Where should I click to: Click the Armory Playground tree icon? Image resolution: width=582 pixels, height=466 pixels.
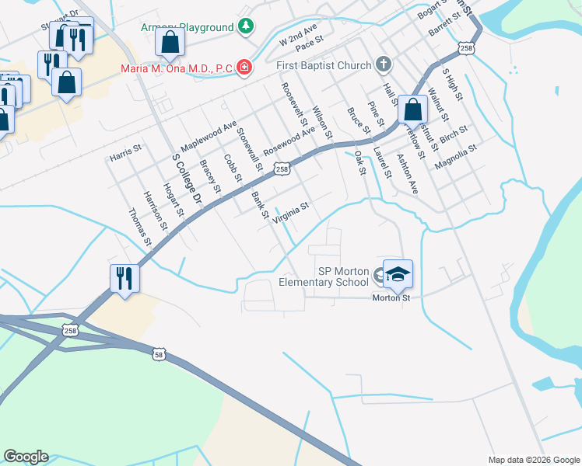click(x=246, y=27)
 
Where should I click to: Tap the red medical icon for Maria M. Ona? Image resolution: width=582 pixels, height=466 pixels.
click(x=244, y=68)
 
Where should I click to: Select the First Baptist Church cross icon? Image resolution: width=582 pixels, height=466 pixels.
click(x=382, y=64)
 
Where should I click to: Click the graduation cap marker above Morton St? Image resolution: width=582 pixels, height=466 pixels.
click(x=398, y=273)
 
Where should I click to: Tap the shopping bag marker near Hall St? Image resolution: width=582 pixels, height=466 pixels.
click(x=413, y=111)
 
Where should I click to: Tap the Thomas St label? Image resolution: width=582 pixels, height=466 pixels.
click(x=140, y=227)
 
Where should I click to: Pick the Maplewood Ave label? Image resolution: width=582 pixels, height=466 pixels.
click(x=208, y=136)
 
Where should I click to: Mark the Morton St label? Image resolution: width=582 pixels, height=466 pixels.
click(x=391, y=297)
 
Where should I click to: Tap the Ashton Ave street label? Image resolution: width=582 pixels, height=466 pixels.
click(x=408, y=174)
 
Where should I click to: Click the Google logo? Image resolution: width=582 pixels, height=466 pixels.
click(x=26, y=457)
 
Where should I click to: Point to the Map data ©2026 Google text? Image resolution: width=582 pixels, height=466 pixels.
click(x=533, y=459)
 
